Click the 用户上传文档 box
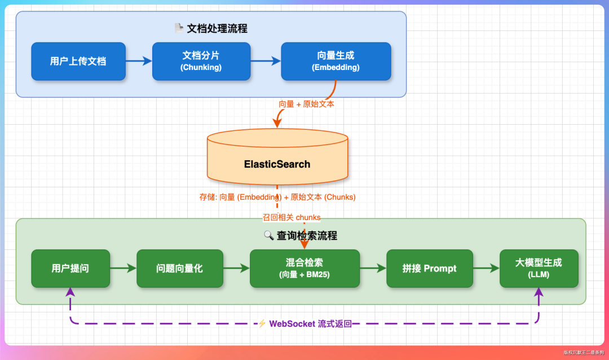click(x=78, y=61)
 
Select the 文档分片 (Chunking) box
click(x=201, y=61)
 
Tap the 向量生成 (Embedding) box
click(x=336, y=61)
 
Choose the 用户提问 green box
click(x=70, y=269)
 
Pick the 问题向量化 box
click(x=180, y=269)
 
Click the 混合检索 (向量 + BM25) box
click(x=304, y=269)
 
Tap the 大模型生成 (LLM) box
click(x=539, y=269)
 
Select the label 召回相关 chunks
click(x=292, y=217)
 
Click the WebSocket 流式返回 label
click(x=310, y=324)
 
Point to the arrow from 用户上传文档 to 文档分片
click(x=139, y=61)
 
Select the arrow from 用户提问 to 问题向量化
click(x=123, y=269)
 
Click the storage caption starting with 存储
click(x=277, y=197)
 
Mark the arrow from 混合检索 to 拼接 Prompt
click(x=373, y=269)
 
